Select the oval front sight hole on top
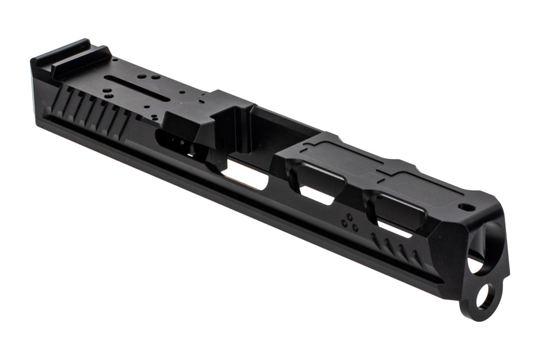pos(466,207)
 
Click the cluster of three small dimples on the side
pos(349,222)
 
